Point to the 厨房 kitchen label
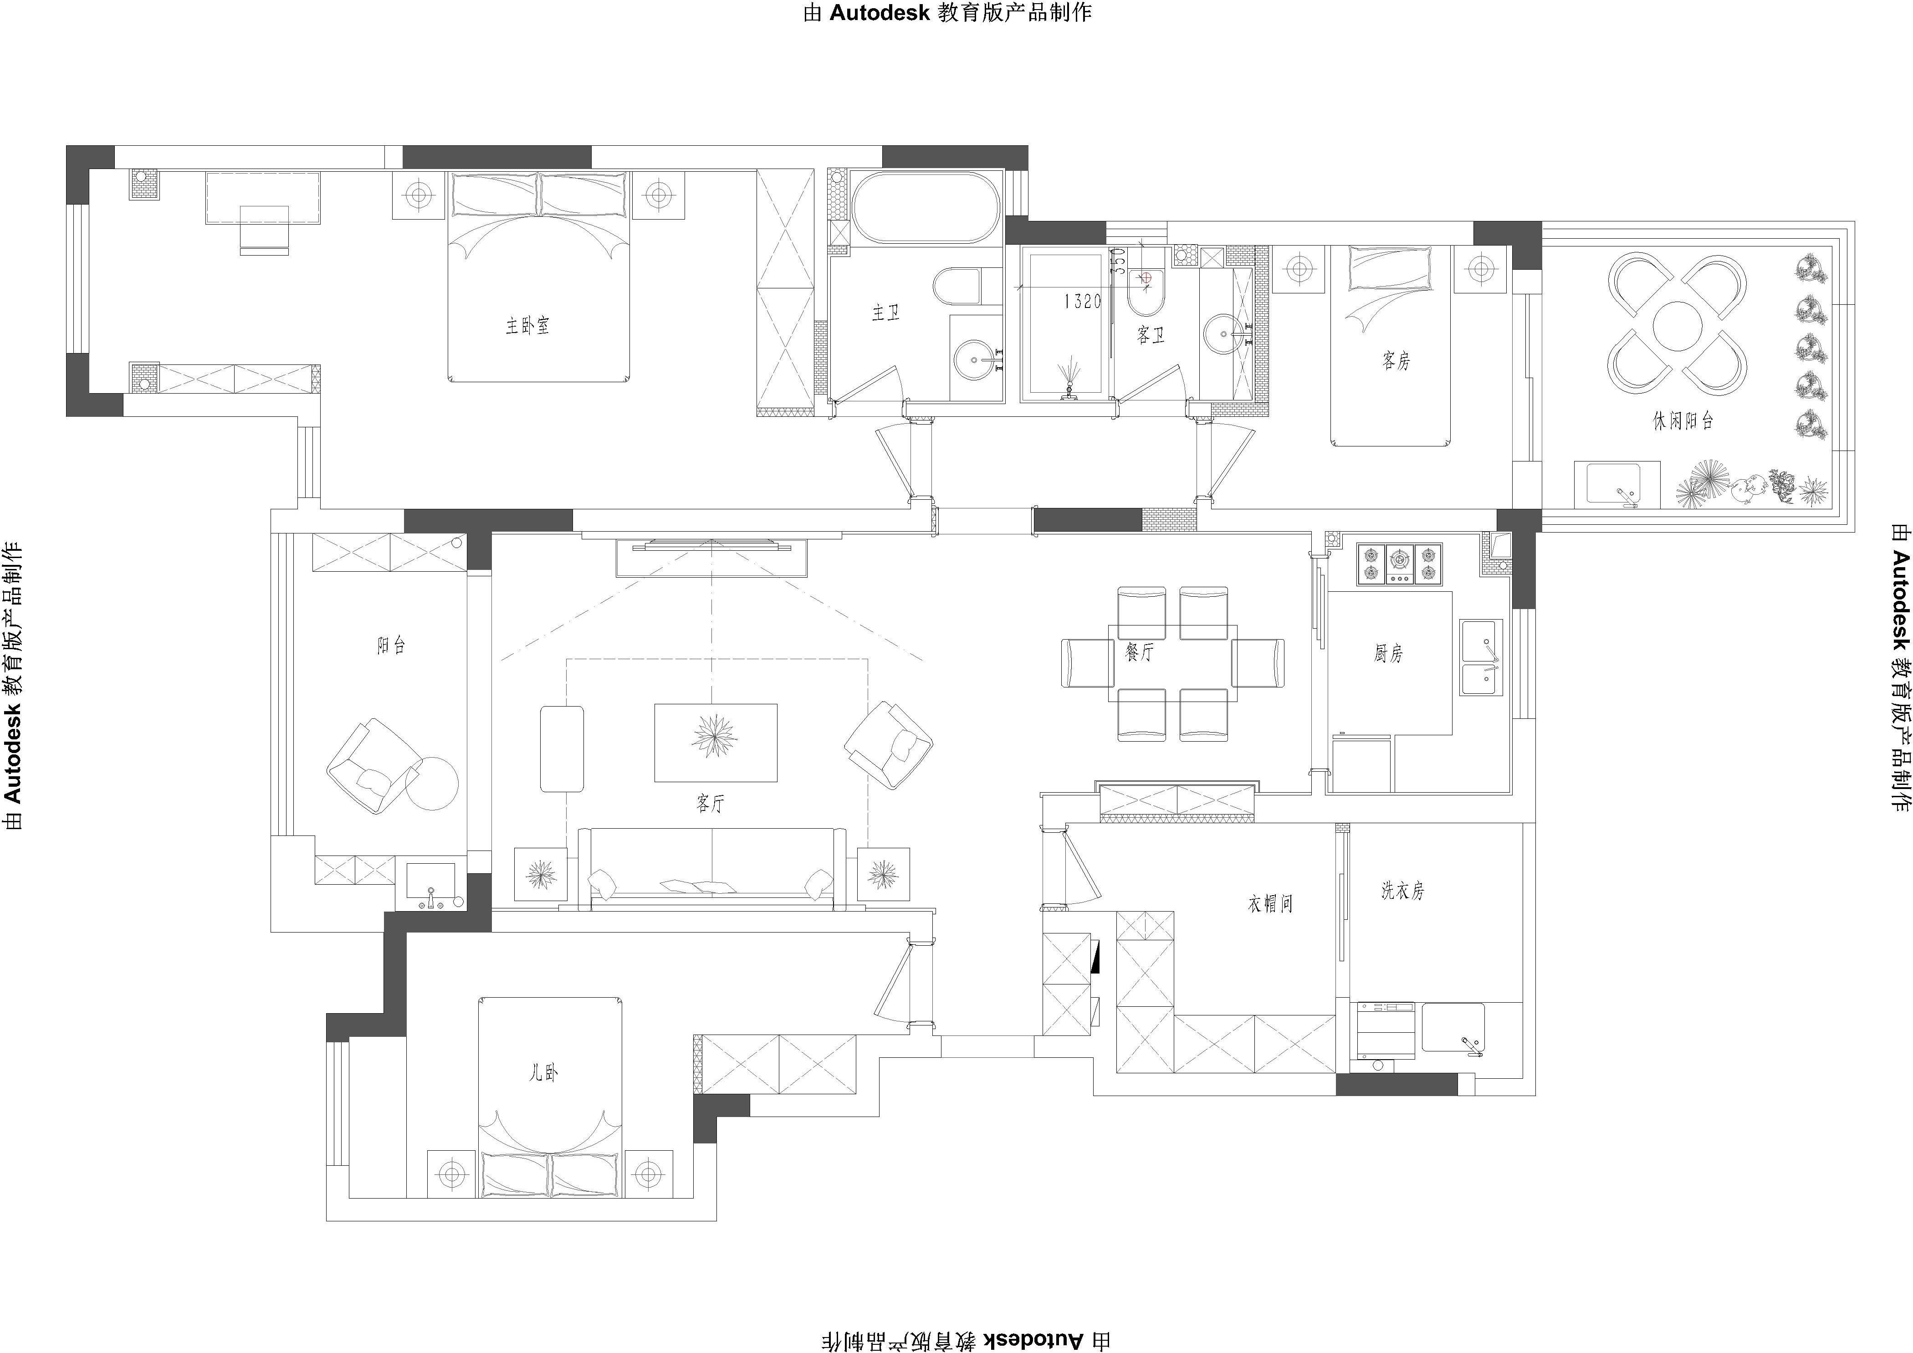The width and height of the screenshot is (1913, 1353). click(1388, 653)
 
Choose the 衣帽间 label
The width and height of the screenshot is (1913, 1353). click(1270, 903)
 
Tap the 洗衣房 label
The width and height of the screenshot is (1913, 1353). click(1403, 891)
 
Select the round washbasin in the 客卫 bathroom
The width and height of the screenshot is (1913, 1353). click(1224, 334)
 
